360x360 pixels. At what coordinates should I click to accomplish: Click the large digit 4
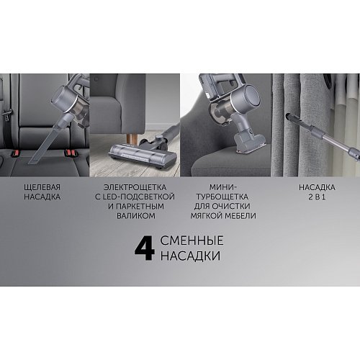coord(145,249)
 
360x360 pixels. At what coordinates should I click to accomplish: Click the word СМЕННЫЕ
coord(192,240)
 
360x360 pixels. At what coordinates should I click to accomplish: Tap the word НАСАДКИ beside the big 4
coord(190,256)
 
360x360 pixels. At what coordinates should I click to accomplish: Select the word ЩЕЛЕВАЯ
coord(42,187)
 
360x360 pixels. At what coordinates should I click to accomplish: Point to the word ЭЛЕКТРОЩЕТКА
coord(135,187)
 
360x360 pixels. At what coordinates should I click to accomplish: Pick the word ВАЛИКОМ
coord(136,216)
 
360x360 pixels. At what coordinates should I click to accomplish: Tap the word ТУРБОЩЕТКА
coord(222,197)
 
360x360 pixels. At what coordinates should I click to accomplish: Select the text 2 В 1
coord(317,197)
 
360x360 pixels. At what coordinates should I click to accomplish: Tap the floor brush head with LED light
coord(143,156)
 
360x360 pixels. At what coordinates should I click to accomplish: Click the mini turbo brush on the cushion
coord(249,143)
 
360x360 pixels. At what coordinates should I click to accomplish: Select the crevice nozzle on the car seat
coord(44,141)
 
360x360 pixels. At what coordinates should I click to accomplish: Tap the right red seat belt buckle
coord(71,153)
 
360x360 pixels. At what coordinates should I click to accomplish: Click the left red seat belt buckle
coord(15,153)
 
